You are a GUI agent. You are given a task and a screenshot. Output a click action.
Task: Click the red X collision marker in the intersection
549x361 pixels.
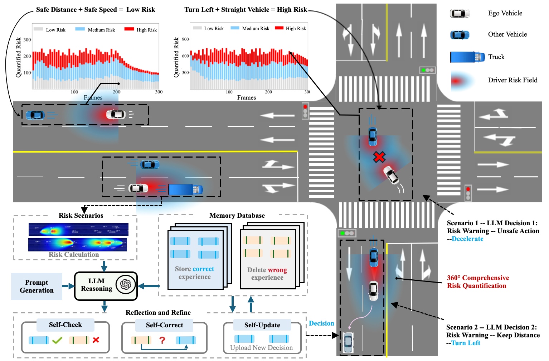pyautogui.click(x=379, y=157)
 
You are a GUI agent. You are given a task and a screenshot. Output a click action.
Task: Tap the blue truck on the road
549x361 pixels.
pyautogui.click(x=185, y=189)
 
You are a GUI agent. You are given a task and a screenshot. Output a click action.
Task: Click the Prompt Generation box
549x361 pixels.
pyautogui.click(x=37, y=286)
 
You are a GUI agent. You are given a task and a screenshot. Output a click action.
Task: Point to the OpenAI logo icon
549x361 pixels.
pyautogui.click(x=126, y=285)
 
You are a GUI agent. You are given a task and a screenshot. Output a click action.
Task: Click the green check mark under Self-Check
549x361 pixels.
pyautogui.click(x=57, y=340)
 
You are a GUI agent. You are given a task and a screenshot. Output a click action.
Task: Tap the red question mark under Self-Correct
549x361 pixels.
pyautogui.click(x=162, y=340)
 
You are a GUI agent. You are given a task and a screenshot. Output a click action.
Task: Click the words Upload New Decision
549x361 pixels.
pyautogui.click(x=261, y=348)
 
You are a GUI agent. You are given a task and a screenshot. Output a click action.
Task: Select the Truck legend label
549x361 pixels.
pyautogui.click(x=496, y=57)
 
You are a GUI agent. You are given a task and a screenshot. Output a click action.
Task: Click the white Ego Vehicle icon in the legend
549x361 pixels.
pyautogui.click(x=460, y=14)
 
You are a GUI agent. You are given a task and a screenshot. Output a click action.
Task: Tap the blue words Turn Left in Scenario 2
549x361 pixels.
pyautogui.click(x=466, y=343)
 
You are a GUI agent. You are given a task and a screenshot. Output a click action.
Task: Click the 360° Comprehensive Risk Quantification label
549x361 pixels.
pyautogui.click(x=477, y=282)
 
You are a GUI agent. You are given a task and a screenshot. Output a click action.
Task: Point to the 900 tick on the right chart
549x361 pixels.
pyautogui.click(x=185, y=39)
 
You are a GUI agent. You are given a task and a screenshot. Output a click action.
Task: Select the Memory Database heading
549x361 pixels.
pyautogui.click(x=237, y=216)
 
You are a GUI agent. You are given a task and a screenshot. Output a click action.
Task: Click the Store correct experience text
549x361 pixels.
pyautogui.click(x=194, y=273)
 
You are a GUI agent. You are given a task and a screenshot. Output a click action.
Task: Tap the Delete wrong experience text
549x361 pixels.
pyautogui.click(x=267, y=274)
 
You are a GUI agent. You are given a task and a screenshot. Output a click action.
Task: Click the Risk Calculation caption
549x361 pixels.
pyautogui.click(x=74, y=255)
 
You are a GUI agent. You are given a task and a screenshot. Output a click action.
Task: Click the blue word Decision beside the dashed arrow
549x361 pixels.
pyautogui.click(x=321, y=323)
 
